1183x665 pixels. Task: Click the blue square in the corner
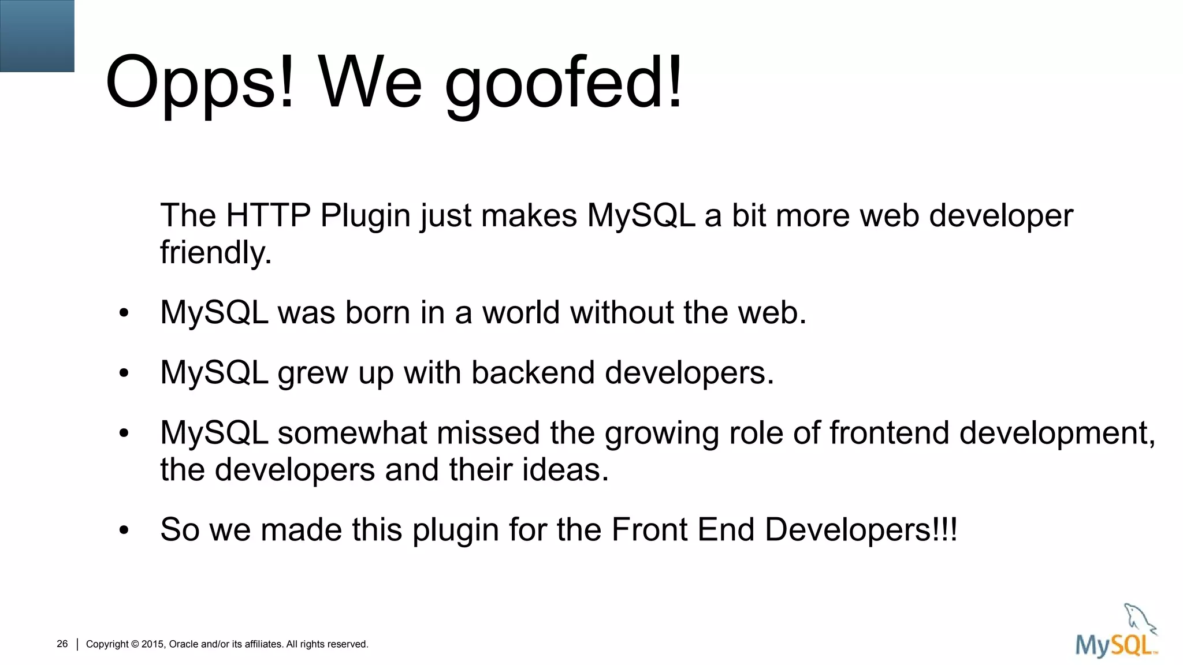tap(37, 36)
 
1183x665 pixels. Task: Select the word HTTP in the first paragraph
tap(268, 216)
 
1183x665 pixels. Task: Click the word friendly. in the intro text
tap(215, 253)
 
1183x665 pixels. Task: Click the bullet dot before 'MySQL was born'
tap(124, 313)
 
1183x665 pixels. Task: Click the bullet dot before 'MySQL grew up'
tap(124, 373)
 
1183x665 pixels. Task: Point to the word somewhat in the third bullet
tap(352, 432)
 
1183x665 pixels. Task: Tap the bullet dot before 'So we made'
tap(124, 530)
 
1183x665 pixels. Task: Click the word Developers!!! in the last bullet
tap(861, 530)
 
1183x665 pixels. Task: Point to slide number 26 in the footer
tap(62, 644)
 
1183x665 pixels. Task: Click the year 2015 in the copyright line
tap(152, 644)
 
